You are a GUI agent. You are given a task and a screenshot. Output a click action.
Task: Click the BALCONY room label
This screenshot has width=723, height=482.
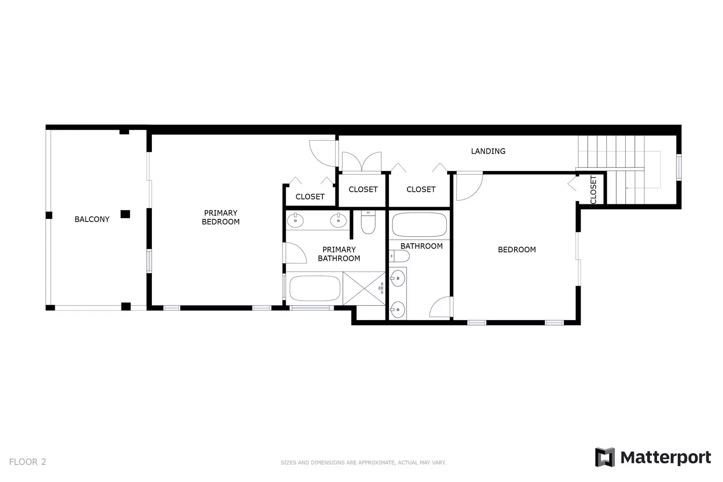pos(92,219)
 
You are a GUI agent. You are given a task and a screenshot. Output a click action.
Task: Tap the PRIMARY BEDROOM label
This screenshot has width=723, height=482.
pos(221,217)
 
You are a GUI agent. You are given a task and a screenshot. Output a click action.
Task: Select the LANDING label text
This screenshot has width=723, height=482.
pos(488,151)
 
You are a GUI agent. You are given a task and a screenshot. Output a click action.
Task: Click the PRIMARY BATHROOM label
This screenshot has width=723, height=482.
pos(339,254)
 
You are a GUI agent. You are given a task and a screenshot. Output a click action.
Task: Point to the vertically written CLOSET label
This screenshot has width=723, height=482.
pos(593,189)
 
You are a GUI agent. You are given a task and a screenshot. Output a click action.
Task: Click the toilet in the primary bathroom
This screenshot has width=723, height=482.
pos(368,222)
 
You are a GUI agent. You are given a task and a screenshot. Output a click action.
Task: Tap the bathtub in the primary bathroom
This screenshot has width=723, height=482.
pos(315,288)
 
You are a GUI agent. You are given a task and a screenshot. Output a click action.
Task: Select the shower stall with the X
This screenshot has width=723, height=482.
pos(364,288)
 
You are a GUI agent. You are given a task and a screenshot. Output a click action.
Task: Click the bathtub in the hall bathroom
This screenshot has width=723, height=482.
pos(419,225)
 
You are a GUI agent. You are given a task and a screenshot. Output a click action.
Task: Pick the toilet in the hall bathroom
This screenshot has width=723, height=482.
pos(399,256)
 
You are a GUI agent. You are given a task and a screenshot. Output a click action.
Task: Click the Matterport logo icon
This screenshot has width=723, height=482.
pos(605,457)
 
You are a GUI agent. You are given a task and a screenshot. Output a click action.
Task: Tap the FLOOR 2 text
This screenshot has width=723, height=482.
pos(28,462)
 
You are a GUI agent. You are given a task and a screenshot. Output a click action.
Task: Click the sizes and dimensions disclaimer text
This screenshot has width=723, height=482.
pos(363,463)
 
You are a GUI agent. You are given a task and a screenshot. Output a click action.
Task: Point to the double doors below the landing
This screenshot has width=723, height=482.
pos(362,162)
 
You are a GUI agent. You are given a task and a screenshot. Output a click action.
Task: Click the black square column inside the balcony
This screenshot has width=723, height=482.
pos(125,214)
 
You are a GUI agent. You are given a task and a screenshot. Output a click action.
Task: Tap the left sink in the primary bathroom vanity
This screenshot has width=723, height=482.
pos(295,221)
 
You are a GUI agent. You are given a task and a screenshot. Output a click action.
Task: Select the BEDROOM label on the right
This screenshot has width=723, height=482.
pos(516,250)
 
